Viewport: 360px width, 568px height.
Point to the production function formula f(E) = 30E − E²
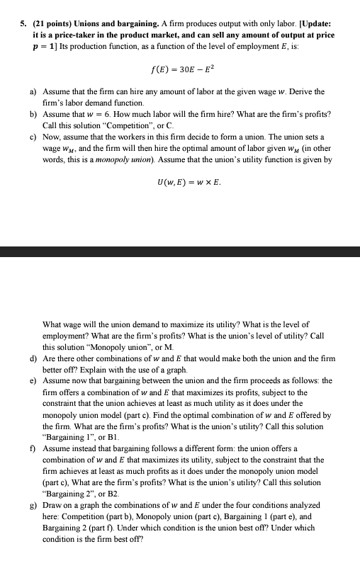pos(180,69)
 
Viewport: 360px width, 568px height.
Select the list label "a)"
pos(33,92)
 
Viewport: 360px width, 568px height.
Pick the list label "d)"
pos(33,358)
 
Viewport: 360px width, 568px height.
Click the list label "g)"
pos(33,505)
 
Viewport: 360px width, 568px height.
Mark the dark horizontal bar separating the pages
pos(180,251)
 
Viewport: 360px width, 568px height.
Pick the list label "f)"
pos(33,449)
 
